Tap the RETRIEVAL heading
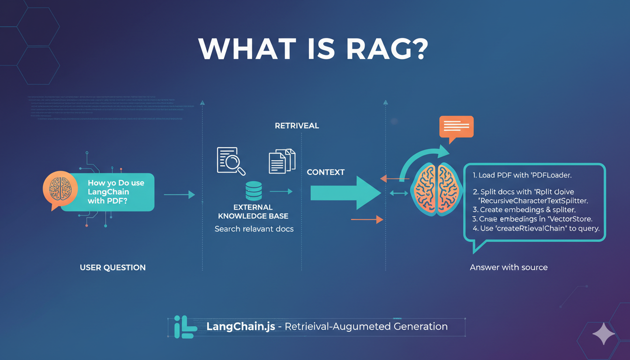coord(297,126)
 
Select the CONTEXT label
coord(325,172)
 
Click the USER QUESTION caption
coord(112,268)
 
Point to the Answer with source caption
coord(509,267)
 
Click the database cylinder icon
coord(254,191)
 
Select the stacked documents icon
coord(282,161)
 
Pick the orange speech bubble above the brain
coord(456,127)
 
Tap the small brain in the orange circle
coord(60,189)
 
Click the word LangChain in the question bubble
coord(108,192)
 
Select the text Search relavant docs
coord(254,229)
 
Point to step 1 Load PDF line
coord(522,175)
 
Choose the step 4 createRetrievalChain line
coord(536,229)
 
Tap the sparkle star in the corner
coord(603,335)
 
